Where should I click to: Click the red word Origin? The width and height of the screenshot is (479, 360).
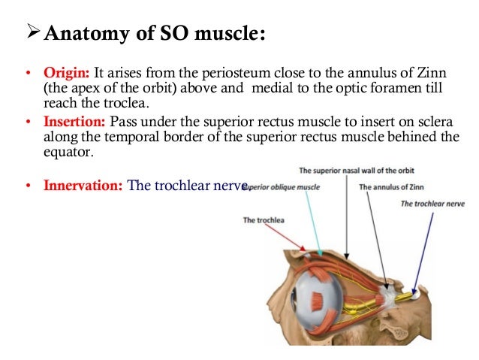coord(66,74)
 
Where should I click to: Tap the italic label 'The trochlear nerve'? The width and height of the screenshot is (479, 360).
coord(433,203)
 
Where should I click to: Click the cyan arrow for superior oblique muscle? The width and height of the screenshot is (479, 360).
coord(314,225)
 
